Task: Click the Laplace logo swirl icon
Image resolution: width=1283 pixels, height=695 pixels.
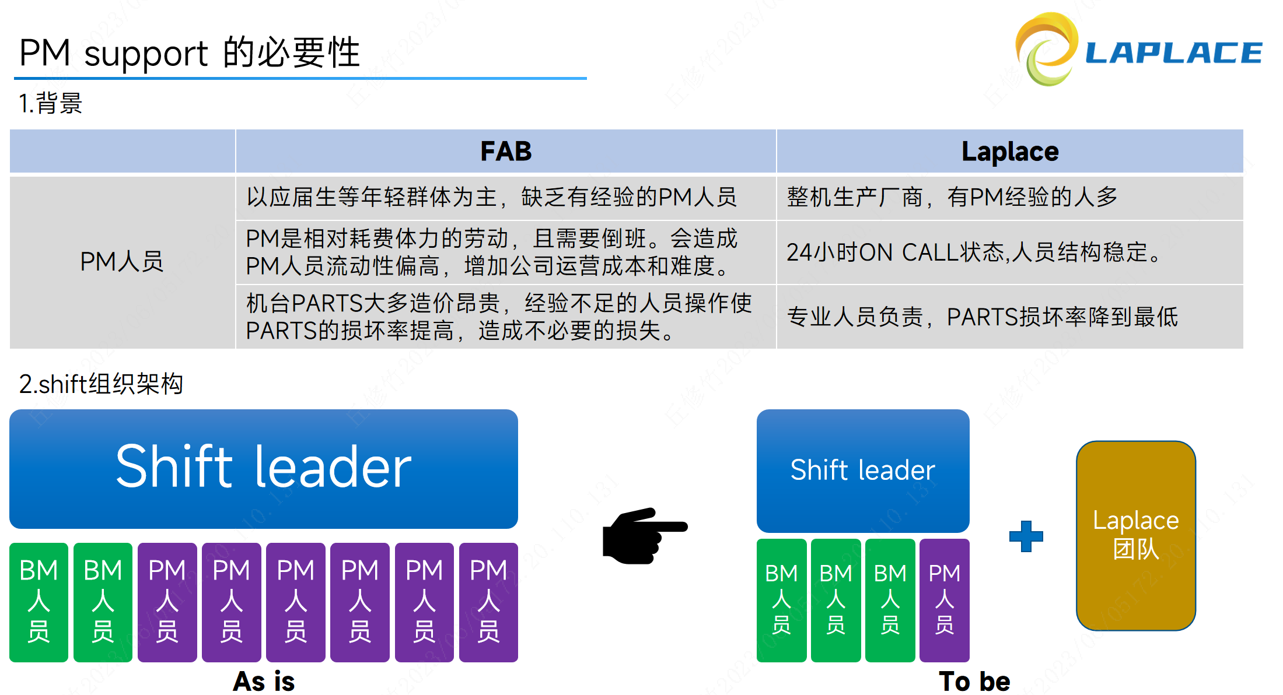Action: click(1046, 50)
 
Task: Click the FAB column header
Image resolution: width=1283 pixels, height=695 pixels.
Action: click(505, 152)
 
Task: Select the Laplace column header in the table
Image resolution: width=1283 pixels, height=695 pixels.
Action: click(1009, 152)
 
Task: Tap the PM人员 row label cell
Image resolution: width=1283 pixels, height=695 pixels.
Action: click(122, 262)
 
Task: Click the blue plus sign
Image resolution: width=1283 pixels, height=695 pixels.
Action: click(1026, 536)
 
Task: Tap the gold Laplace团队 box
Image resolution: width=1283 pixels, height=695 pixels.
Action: click(1135, 535)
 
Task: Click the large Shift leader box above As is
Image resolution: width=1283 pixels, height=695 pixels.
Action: click(264, 469)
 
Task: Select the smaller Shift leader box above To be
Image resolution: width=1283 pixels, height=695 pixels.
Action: click(862, 471)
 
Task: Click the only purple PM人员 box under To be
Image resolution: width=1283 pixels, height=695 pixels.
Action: click(944, 600)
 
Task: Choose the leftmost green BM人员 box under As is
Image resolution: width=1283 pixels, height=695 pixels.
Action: click(39, 602)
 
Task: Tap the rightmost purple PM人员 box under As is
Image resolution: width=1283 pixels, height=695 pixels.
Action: click(488, 602)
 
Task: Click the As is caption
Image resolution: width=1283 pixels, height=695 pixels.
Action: click(264, 681)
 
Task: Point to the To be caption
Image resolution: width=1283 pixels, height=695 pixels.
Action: click(974, 681)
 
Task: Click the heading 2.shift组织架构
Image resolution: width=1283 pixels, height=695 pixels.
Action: click(101, 384)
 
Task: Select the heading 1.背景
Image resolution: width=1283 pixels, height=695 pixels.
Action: click(51, 104)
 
